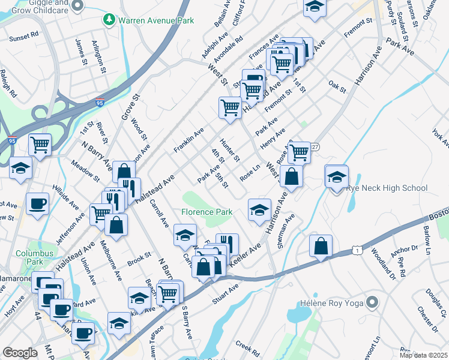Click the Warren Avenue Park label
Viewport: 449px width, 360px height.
(x=156, y=20)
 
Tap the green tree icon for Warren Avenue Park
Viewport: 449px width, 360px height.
(x=109, y=20)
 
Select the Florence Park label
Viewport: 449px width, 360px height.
(x=207, y=212)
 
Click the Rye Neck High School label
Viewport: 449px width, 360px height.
(x=387, y=188)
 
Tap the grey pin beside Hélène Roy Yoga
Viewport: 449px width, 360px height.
(x=372, y=302)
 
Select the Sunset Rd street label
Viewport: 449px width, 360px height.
(x=23, y=38)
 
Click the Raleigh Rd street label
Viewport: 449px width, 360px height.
(x=8, y=85)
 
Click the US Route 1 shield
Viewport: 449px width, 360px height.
(x=357, y=249)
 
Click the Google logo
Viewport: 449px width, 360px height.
(x=20, y=353)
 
